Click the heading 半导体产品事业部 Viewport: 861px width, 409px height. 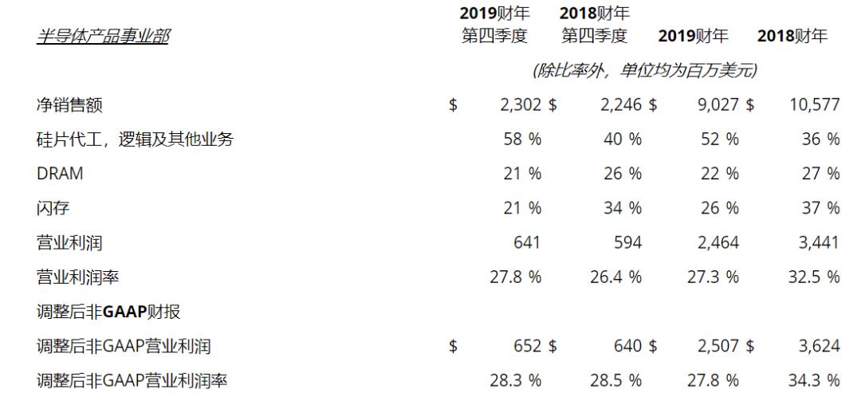tap(102, 37)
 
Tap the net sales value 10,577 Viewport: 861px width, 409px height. tap(814, 104)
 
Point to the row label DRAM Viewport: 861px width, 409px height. tap(60, 174)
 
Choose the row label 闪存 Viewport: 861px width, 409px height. tap(53, 208)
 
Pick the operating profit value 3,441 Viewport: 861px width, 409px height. tap(818, 243)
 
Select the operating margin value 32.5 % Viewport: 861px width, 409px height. tap(814, 277)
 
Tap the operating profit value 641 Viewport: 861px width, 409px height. tap(527, 243)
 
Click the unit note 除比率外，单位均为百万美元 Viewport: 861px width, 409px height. tap(644, 71)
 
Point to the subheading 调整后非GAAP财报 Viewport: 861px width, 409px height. tap(109, 312)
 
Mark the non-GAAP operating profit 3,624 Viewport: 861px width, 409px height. tap(818, 347)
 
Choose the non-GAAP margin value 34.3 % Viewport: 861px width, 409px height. tap(814, 381)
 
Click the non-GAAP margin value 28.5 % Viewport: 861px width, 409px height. tap(615, 381)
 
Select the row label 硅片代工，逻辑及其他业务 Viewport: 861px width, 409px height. tap(136, 140)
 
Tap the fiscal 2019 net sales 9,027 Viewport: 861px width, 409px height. tap(717, 104)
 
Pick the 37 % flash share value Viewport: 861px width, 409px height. tap(820, 208)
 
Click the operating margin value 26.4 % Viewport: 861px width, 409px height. tap(615, 277)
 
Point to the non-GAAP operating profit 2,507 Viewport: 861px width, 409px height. tap(717, 347)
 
